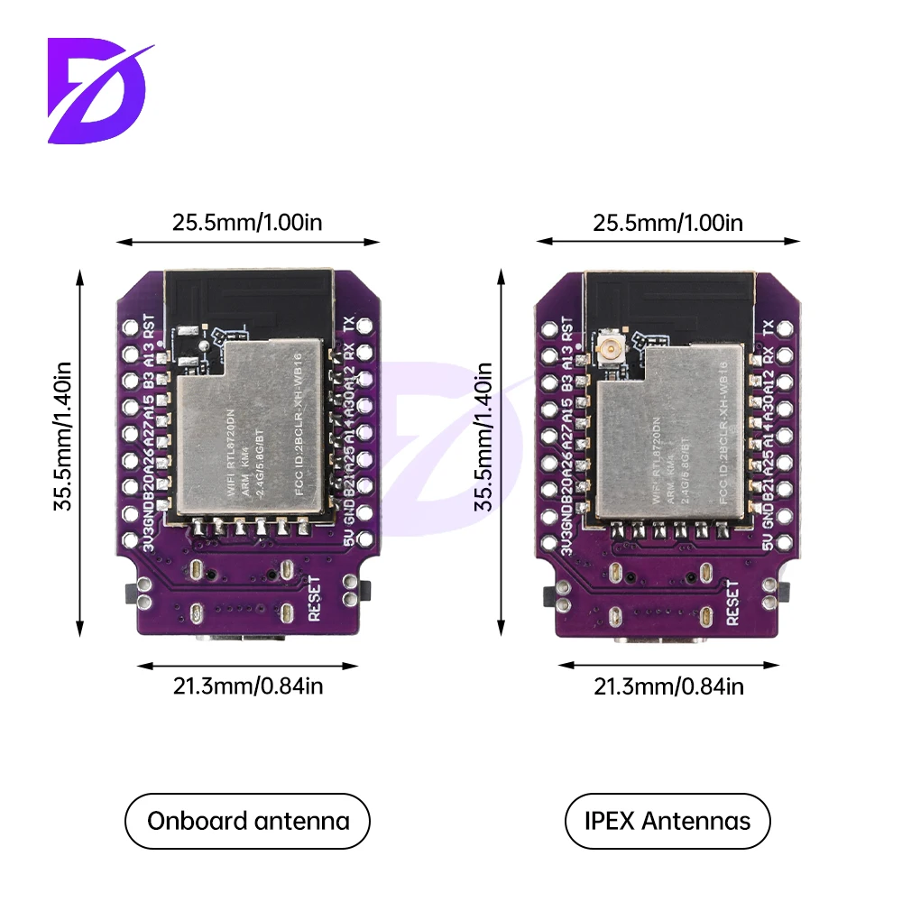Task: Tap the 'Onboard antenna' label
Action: [x=248, y=821]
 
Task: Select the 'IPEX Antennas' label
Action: [x=668, y=821]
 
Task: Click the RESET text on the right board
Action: [x=733, y=603]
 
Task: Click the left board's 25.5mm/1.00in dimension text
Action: [x=247, y=222]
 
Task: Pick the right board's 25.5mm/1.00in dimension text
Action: [x=668, y=222]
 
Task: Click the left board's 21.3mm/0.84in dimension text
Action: [x=248, y=686]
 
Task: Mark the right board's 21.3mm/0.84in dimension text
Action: [x=668, y=686]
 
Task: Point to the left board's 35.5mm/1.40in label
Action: [x=64, y=437]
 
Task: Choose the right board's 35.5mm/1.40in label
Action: [x=484, y=437]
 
